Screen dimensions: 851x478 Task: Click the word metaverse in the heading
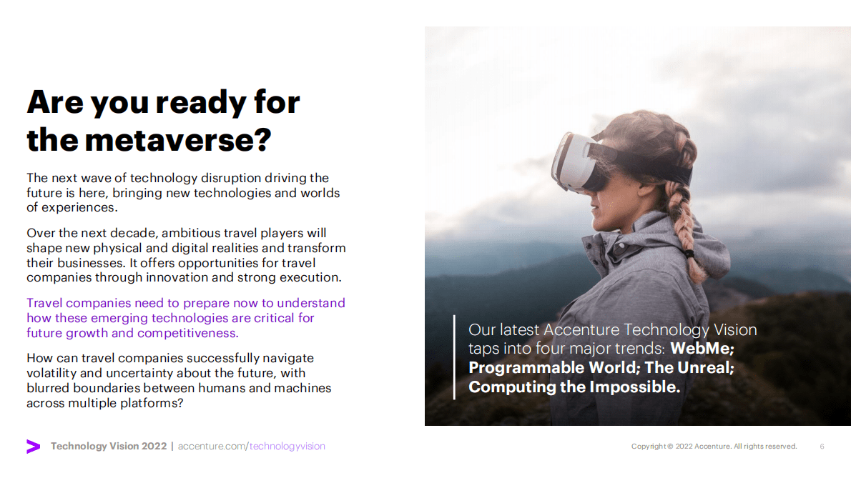(169, 140)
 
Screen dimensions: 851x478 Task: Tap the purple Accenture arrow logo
(33, 446)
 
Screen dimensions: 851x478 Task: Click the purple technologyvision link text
(287, 446)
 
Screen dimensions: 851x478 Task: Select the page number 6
(822, 447)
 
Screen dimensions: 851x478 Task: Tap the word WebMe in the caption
(702, 349)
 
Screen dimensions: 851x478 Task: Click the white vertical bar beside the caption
(454, 357)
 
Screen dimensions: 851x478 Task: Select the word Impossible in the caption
(634, 387)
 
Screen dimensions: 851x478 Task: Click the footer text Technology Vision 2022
(109, 446)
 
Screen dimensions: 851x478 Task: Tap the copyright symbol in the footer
(670, 447)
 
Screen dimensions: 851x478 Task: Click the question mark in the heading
(262, 140)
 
